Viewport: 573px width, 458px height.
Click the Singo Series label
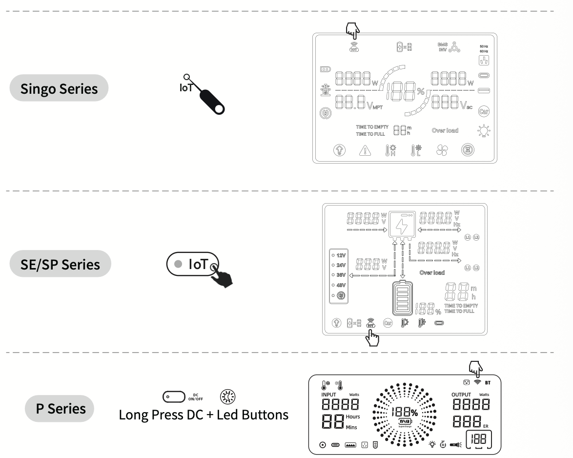tap(59, 88)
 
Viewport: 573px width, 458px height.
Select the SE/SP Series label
tap(60, 264)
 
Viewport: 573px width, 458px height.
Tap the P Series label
tap(60, 408)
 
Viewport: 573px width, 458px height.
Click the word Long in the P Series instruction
tap(134, 415)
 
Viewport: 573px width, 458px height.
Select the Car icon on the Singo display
tap(483, 111)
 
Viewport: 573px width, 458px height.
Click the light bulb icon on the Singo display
tap(484, 131)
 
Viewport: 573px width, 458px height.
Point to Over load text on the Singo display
tap(445, 130)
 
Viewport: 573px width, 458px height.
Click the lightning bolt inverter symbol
tap(402, 226)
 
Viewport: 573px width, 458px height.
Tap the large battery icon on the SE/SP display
tap(402, 299)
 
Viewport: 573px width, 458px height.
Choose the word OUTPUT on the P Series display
tap(461, 395)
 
